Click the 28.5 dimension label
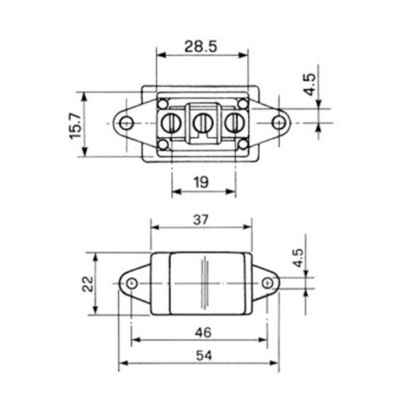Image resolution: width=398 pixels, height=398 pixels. click(201, 47)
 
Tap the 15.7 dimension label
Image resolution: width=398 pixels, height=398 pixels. click(76, 125)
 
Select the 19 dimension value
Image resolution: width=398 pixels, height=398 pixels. click(201, 182)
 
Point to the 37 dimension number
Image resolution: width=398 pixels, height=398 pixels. click(201, 219)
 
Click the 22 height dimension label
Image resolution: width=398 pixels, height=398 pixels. click(88, 284)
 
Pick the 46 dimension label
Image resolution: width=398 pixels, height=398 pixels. click(203, 333)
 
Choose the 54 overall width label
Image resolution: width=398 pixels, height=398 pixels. click(203, 356)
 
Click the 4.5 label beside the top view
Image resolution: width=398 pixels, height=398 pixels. click(310, 85)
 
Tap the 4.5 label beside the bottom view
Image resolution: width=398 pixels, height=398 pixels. click(298, 258)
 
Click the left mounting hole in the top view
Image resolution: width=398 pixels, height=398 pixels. click(127, 122)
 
